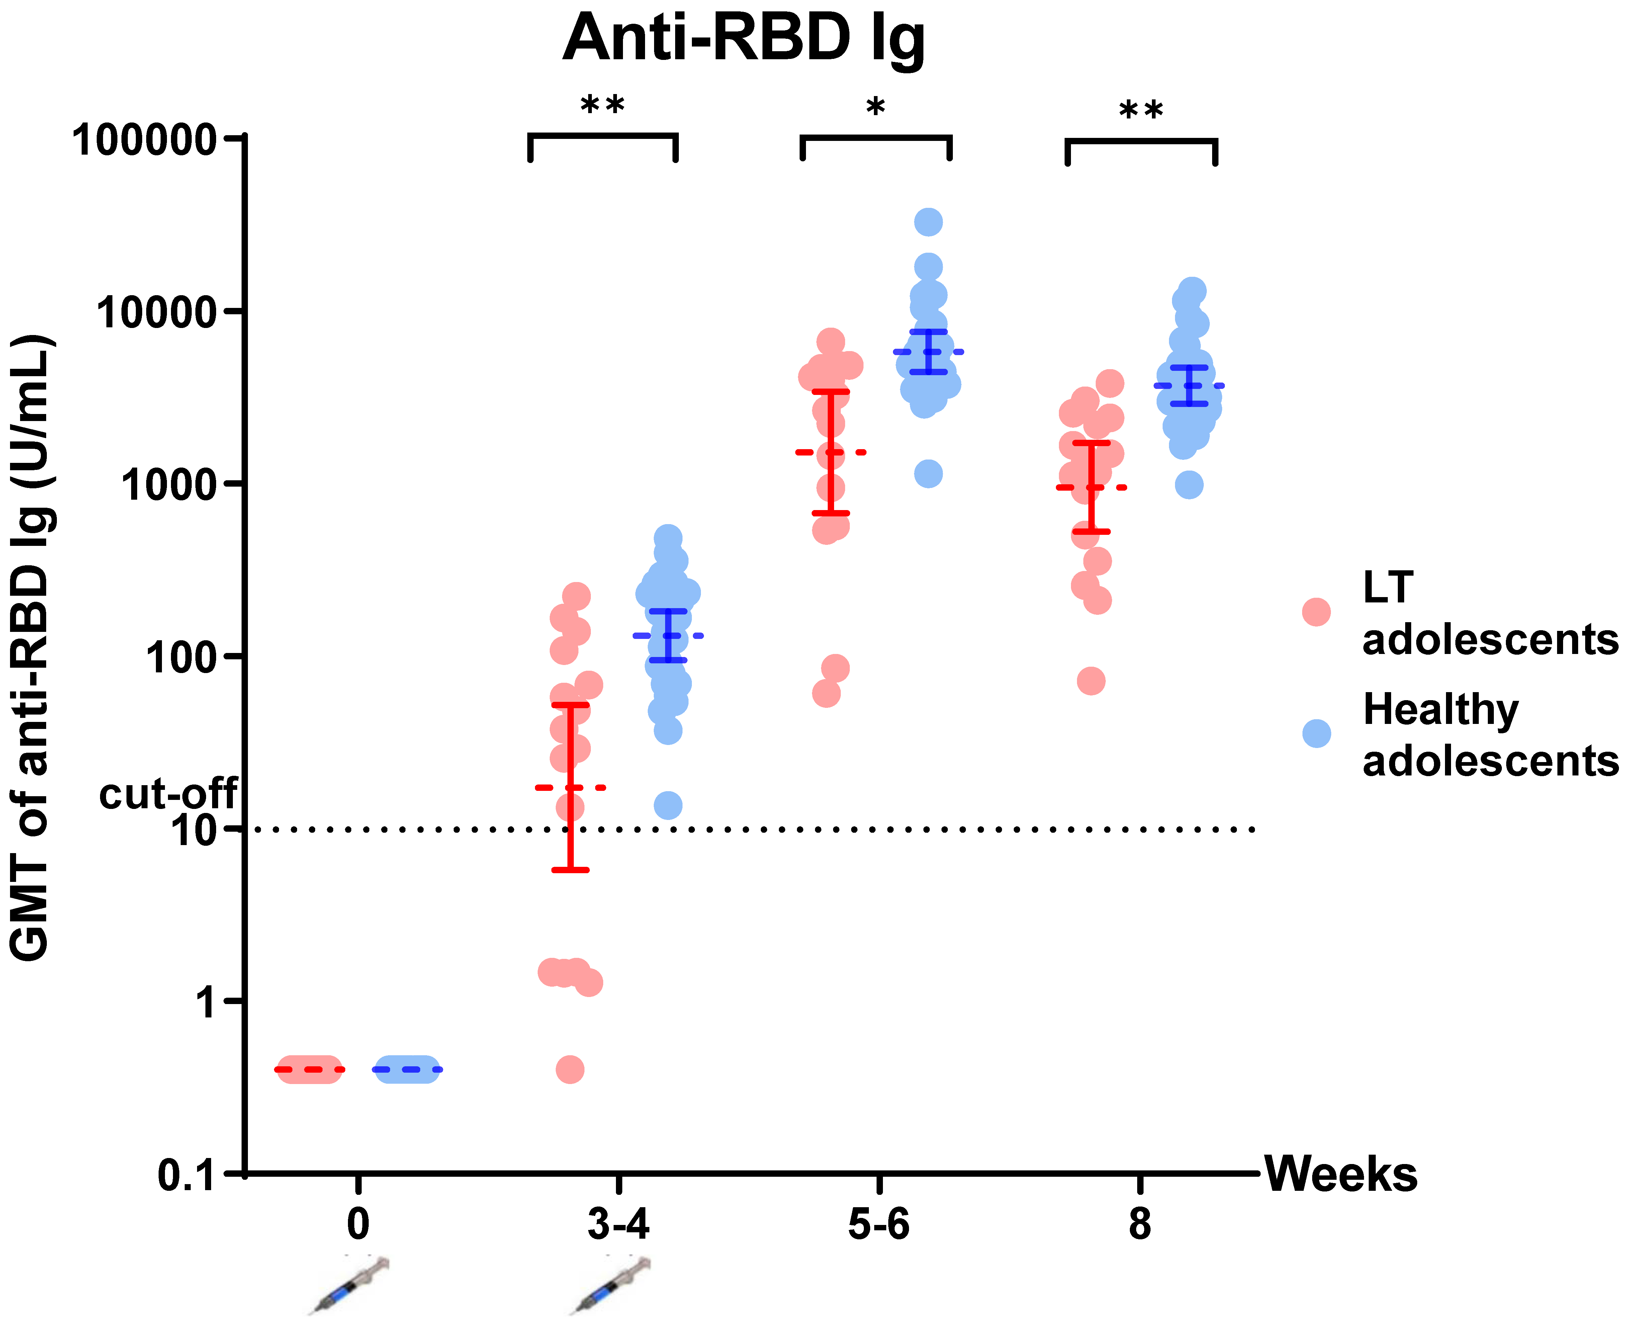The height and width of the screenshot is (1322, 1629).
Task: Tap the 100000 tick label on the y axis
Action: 145,139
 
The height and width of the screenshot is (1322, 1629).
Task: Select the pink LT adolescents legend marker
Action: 1316,611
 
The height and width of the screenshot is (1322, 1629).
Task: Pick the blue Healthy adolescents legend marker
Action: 1316,733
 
